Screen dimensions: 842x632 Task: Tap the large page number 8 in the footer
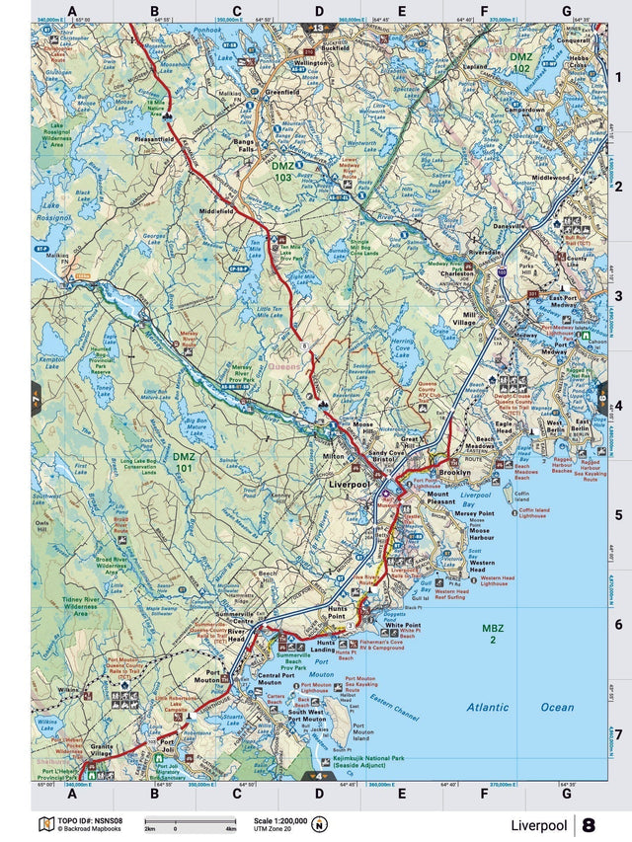point(589,825)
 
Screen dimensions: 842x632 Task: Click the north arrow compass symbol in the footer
point(319,825)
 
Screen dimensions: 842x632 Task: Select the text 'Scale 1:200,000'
point(280,820)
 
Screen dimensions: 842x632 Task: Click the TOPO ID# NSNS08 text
point(90,820)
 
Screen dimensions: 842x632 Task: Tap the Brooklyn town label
point(455,474)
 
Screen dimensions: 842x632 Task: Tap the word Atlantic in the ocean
point(488,707)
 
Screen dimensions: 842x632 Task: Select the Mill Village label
point(463,319)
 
